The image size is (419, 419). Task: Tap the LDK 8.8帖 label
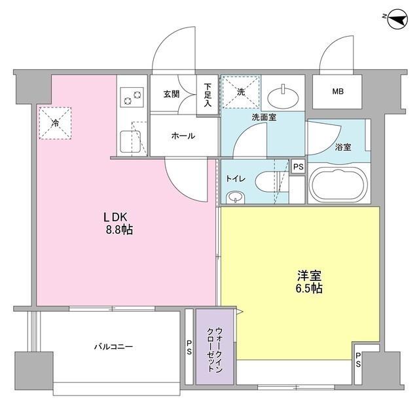point(117,223)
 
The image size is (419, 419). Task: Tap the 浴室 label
point(342,147)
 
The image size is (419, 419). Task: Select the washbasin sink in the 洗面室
point(284,97)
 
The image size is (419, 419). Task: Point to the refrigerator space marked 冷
point(55,122)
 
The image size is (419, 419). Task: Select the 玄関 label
point(172,94)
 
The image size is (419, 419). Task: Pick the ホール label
point(183,136)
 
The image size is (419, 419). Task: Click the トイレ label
point(236,177)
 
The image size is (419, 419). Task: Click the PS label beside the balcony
point(189,347)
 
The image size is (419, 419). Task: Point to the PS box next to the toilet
point(298,168)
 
